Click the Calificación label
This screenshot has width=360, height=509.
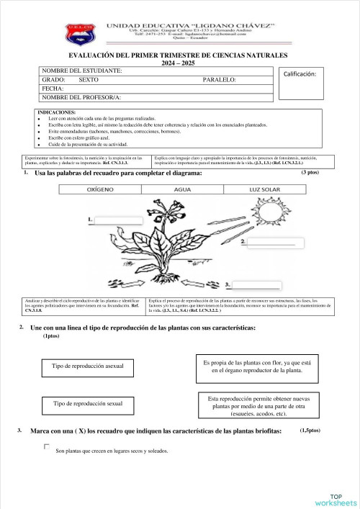(305, 73)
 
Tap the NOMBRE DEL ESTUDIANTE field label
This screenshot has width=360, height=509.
(82, 71)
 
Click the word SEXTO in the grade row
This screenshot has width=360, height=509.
(90, 79)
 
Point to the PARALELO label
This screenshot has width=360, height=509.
(220, 79)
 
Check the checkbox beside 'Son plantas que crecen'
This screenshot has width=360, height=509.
(47, 447)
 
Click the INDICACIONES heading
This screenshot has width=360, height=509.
(56, 112)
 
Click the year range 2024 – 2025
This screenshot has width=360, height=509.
(177, 63)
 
